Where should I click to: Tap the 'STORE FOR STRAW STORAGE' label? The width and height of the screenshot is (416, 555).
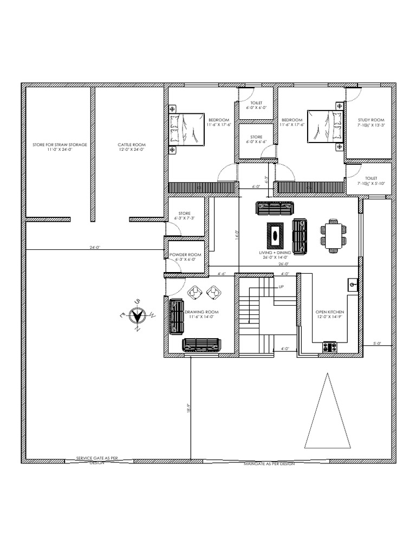(59, 145)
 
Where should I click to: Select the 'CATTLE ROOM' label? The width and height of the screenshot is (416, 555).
(132, 145)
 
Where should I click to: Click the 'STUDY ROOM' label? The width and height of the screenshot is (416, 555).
(371, 120)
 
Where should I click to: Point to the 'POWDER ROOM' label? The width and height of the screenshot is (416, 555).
(185, 255)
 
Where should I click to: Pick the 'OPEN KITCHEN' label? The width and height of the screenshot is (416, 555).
(330, 313)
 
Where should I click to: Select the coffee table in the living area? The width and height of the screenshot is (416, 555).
(276, 234)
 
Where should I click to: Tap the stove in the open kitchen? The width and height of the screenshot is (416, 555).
(329, 347)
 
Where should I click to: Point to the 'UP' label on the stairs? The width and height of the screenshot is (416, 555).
(281, 287)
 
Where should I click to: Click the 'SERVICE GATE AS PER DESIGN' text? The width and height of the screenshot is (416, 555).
(97, 460)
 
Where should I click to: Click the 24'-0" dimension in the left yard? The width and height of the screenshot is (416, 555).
(95, 247)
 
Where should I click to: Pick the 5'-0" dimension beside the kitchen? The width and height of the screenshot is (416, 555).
(378, 343)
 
